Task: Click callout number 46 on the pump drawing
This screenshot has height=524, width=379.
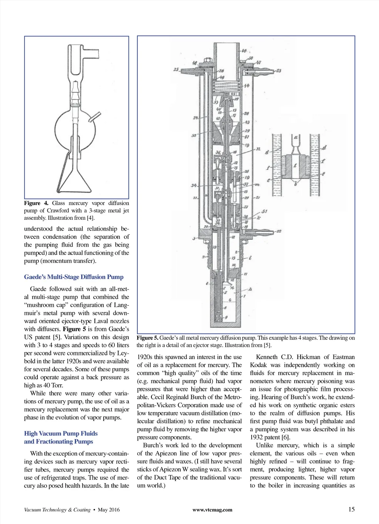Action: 244,50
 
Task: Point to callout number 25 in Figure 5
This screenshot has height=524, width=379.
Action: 176,69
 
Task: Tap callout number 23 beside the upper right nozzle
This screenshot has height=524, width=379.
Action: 278,70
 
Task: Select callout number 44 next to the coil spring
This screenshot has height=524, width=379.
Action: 246,86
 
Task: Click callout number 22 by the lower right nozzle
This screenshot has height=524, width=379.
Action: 278,231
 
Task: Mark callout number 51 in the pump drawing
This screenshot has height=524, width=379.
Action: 264,212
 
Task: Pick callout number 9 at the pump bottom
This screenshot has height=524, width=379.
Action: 226,318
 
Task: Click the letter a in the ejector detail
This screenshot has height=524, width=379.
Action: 296,137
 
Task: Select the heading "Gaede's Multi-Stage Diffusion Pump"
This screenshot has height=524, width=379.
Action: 74,277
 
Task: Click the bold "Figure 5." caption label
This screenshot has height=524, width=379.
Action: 147,338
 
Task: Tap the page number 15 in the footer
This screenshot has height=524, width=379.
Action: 351,509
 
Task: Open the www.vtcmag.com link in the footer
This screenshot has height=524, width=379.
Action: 212,510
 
